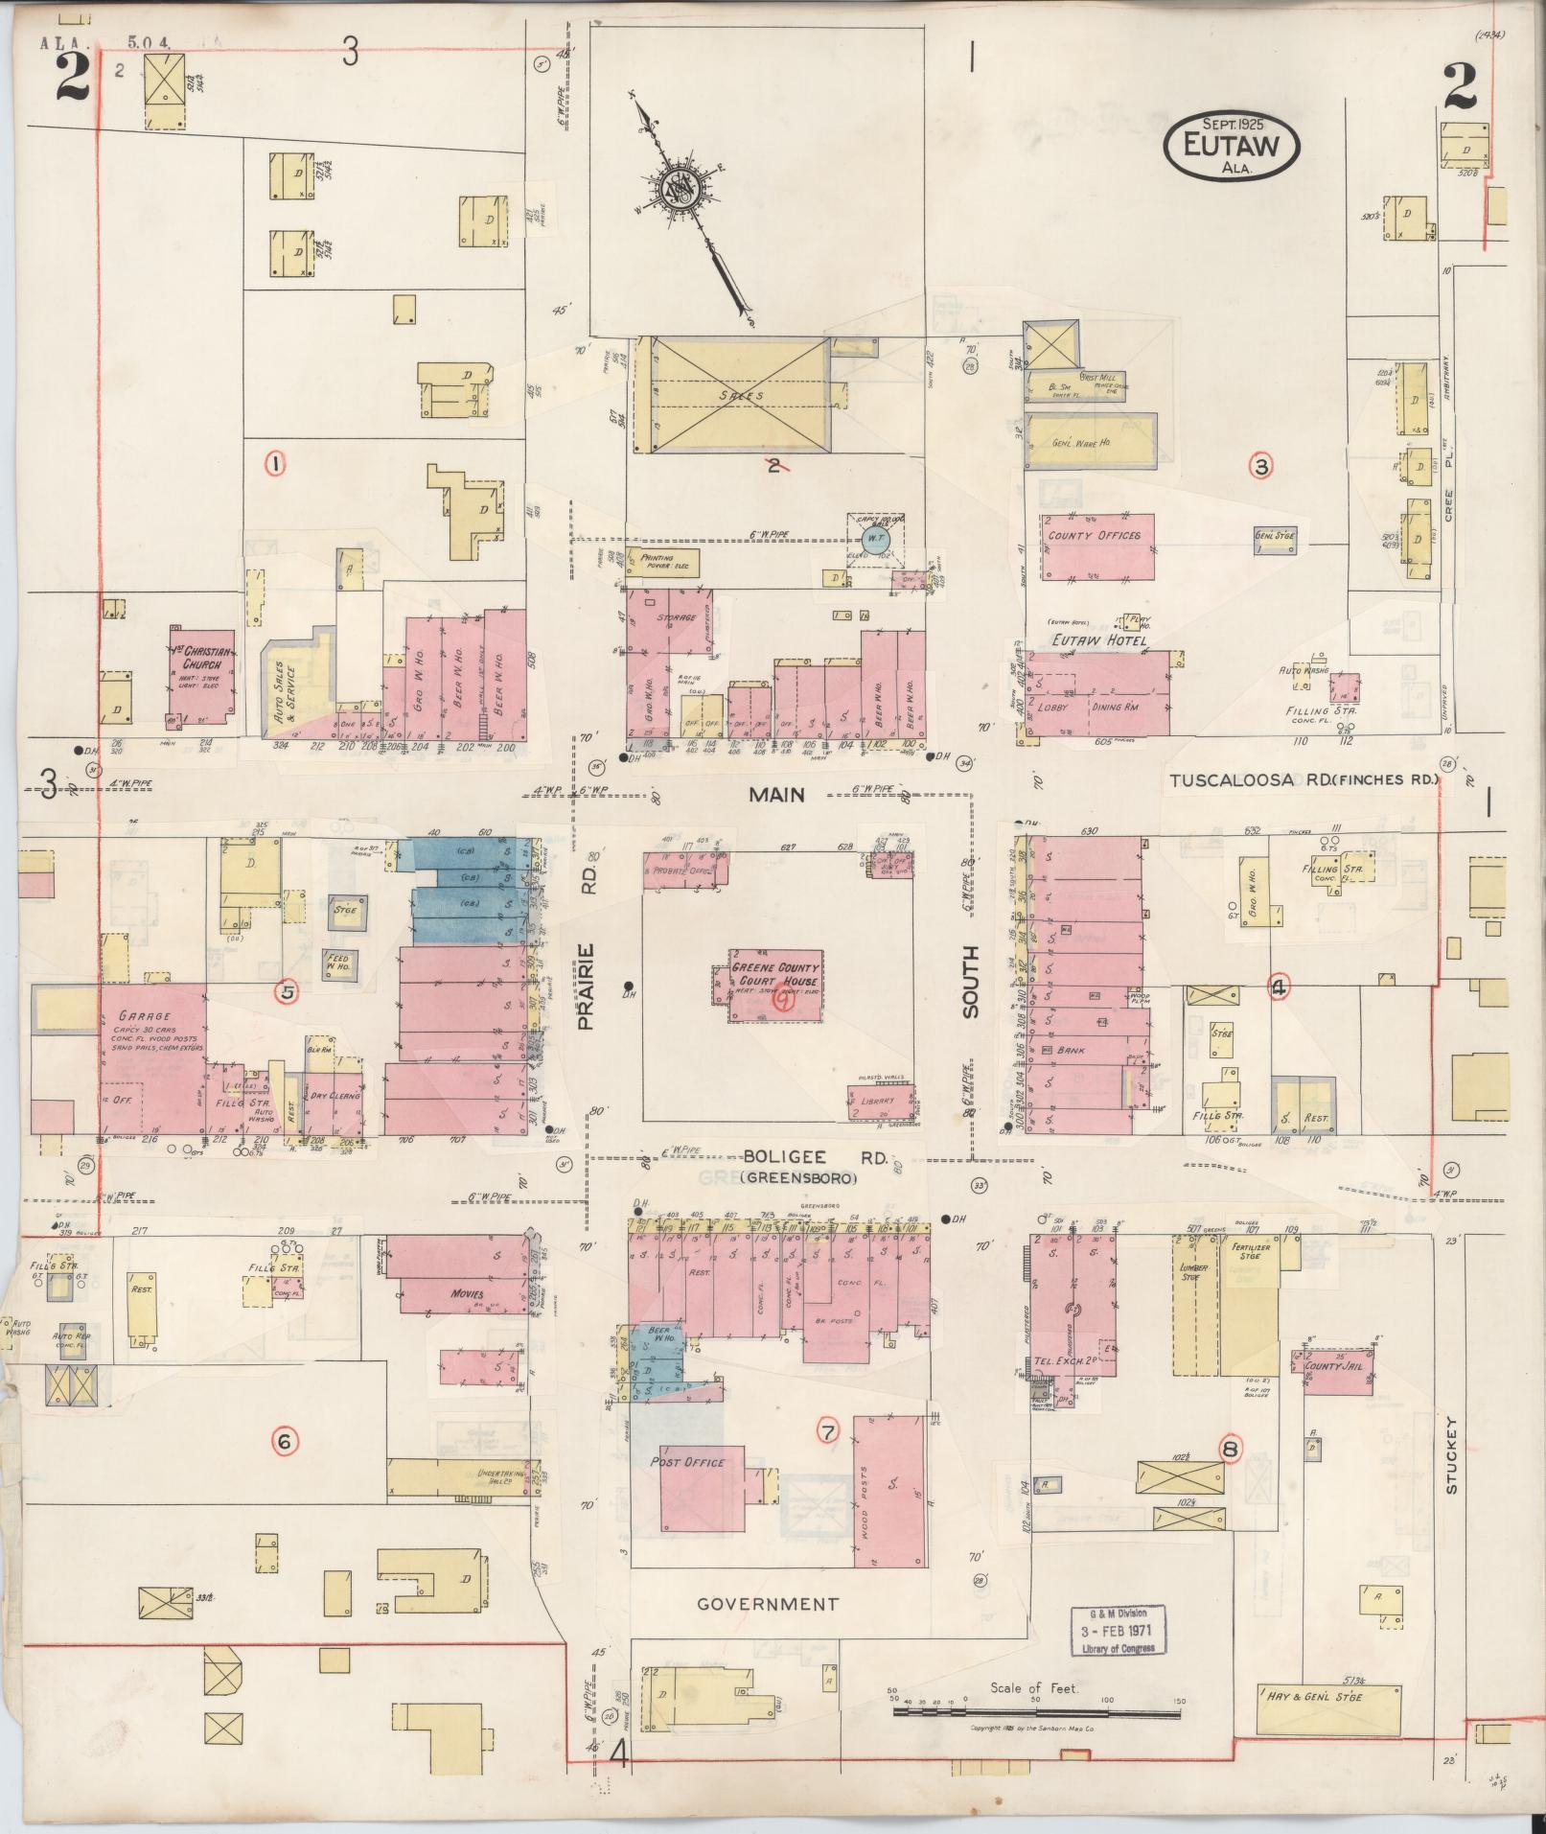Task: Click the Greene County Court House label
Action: click(x=775, y=975)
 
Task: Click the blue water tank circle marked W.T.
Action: click(x=874, y=540)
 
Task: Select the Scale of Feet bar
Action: click(x=1035, y=1039)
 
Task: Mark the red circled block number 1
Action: click(x=276, y=465)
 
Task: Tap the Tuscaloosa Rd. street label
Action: click(x=1304, y=780)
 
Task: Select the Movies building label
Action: click(x=467, y=1294)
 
